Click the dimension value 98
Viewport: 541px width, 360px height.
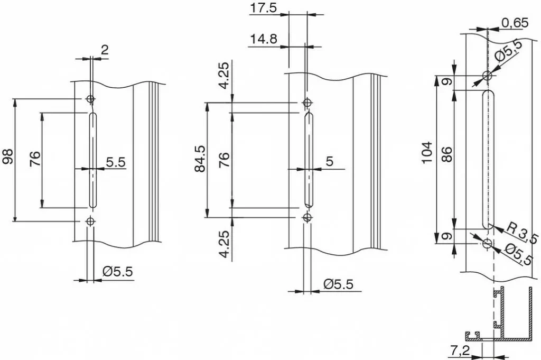coord(8,156)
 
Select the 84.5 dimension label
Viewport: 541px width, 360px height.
coord(200,159)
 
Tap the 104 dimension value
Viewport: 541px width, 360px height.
coord(427,153)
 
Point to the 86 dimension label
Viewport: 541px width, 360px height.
coord(446,154)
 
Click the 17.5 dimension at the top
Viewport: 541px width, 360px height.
coord(264,7)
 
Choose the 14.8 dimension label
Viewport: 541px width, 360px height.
coord(264,39)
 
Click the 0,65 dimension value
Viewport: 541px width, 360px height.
coord(515,23)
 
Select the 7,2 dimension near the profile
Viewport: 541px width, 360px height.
coord(461,350)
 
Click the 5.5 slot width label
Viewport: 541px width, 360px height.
coord(116,162)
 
